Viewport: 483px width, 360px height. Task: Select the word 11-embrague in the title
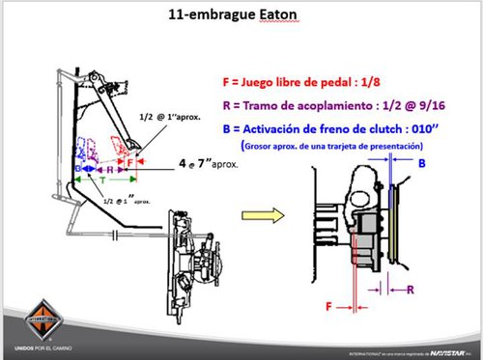[x=218, y=15]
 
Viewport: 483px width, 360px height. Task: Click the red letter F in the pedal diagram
[x=131, y=163]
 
